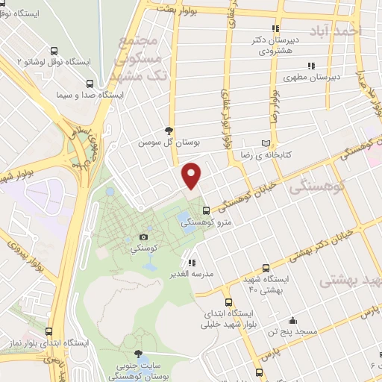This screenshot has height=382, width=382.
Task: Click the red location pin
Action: click(192, 175)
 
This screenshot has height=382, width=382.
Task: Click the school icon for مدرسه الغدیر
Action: click(192, 263)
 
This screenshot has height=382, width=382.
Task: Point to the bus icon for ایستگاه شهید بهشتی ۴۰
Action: click(267, 267)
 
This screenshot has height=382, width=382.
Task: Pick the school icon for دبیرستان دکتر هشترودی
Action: click(277, 28)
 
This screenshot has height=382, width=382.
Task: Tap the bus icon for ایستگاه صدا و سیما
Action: click(90, 84)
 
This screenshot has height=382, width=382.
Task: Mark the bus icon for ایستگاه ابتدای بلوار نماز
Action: click(49, 332)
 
